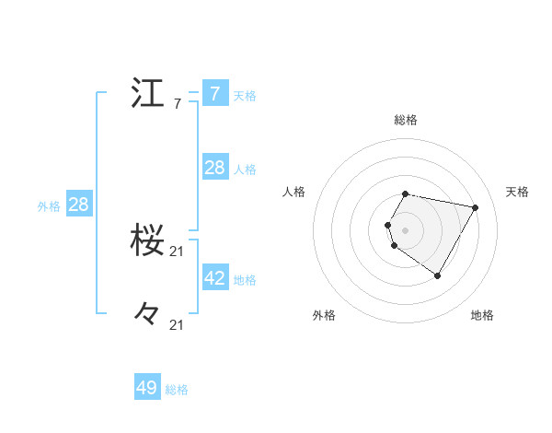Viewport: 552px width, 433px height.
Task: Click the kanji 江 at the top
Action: click(147, 94)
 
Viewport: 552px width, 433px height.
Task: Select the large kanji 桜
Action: click(147, 240)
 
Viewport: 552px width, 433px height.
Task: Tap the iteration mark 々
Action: click(147, 313)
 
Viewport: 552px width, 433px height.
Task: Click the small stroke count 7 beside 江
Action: click(177, 104)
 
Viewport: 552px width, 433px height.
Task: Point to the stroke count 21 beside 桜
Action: click(178, 251)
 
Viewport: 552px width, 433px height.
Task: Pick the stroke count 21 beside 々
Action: click(178, 324)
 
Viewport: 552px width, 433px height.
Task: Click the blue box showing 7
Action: click(214, 94)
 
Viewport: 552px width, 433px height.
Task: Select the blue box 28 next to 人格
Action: click(214, 168)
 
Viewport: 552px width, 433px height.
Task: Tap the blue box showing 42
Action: click(214, 278)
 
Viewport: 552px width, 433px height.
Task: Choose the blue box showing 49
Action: click(147, 388)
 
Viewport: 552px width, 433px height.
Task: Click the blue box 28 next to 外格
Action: click(78, 205)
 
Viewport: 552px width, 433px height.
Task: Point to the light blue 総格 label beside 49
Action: click(177, 390)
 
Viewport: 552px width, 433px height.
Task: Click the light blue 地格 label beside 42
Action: click(245, 280)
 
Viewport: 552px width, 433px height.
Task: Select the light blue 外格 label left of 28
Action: click(49, 206)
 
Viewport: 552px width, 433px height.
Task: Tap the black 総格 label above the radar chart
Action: click(406, 120)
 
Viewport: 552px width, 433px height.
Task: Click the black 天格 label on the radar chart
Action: click(518, 192)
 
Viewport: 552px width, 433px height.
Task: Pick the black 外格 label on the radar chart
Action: click(324, 315)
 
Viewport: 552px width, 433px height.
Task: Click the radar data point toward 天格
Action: click(476, 207)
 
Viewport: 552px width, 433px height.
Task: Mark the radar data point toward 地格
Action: click(438, 275)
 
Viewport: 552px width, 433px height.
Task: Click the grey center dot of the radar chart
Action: click(406, 229)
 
